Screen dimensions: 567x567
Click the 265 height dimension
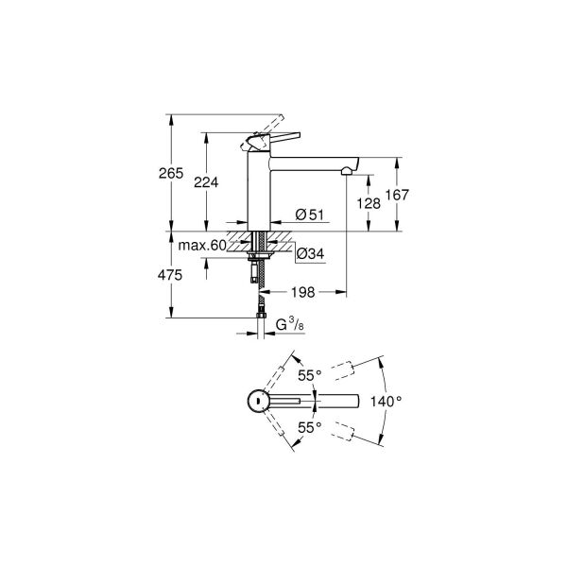click(171, 174)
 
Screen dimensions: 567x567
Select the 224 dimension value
click(206, 182)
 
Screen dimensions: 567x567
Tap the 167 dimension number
click(397, 196)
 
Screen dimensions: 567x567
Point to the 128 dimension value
click(369, 204)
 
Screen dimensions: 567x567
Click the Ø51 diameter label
click(310, 215)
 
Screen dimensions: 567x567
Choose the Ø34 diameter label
click(310, 254)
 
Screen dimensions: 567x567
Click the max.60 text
click(202, 246)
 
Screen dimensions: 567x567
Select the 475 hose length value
click(170, 276)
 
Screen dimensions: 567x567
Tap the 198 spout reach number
click(303, 292)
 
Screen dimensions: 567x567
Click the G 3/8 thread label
click(290, 325)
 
